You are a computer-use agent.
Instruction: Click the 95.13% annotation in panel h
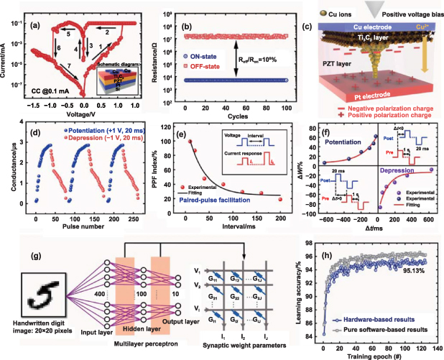407,291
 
